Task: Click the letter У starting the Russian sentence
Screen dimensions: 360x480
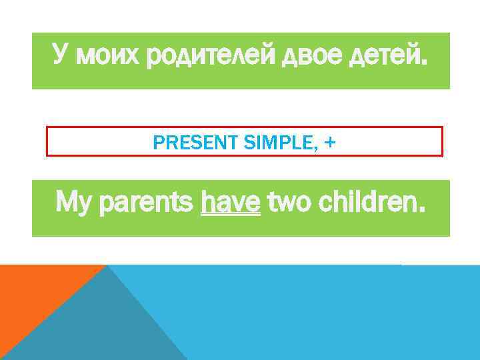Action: [61, 57]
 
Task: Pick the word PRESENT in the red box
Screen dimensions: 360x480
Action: [183, 141]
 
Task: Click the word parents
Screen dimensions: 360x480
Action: [147, 202]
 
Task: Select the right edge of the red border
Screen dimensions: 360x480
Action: [442, 141]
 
